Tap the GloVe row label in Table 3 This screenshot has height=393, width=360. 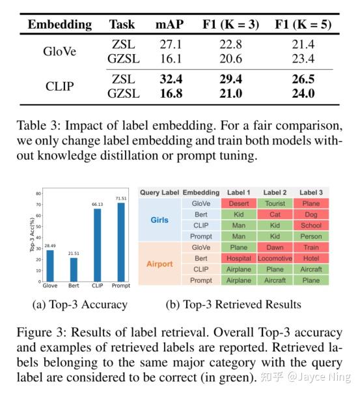click(60, 51)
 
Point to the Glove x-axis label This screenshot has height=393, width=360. click(50, 285)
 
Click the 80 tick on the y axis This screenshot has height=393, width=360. click(38, 193)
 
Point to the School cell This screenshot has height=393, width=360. click(311, 225)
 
